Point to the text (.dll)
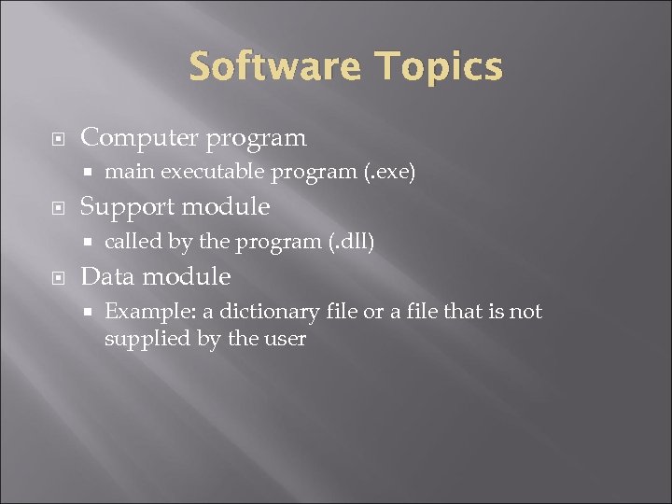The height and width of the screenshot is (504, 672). coord(350,242)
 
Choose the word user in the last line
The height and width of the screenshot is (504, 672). coord(285,338)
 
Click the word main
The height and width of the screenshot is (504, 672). coord(125,172)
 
